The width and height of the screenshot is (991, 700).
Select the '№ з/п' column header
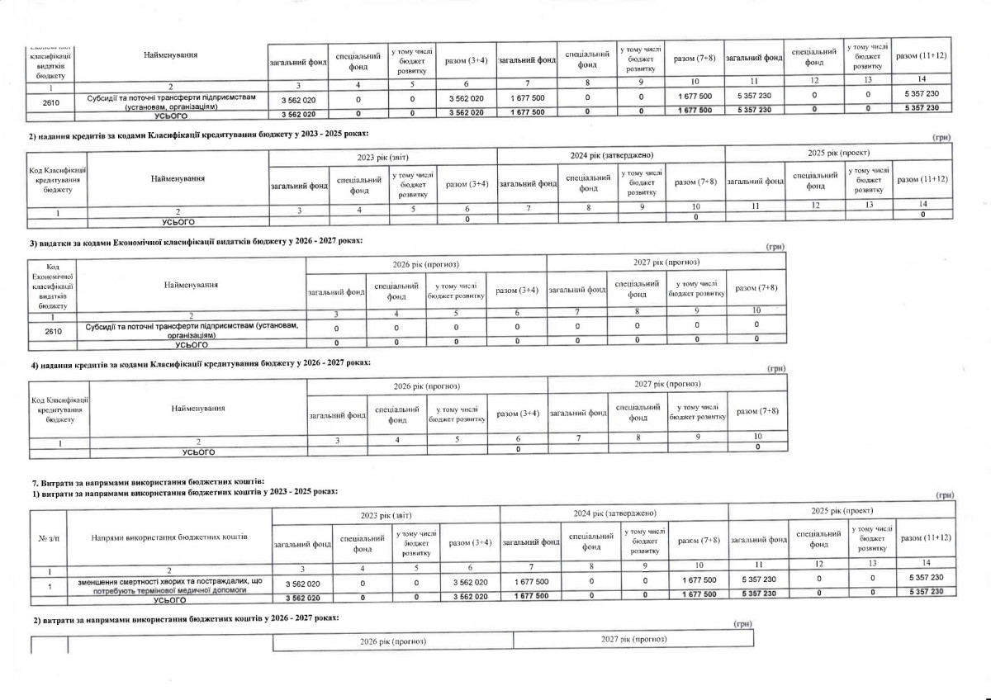48,537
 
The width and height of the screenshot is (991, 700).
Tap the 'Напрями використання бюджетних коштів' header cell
169,537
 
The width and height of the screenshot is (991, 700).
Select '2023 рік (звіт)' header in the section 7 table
386,513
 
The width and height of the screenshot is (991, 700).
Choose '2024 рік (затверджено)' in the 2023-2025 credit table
611,154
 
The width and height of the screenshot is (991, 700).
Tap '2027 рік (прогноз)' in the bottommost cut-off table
633,640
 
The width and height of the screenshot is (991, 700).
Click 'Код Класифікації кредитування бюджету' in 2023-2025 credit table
58,179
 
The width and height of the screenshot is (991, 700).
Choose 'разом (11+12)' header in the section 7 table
924,537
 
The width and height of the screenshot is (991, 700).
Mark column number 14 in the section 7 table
924,570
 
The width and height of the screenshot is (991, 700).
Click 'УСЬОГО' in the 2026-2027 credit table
197,452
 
